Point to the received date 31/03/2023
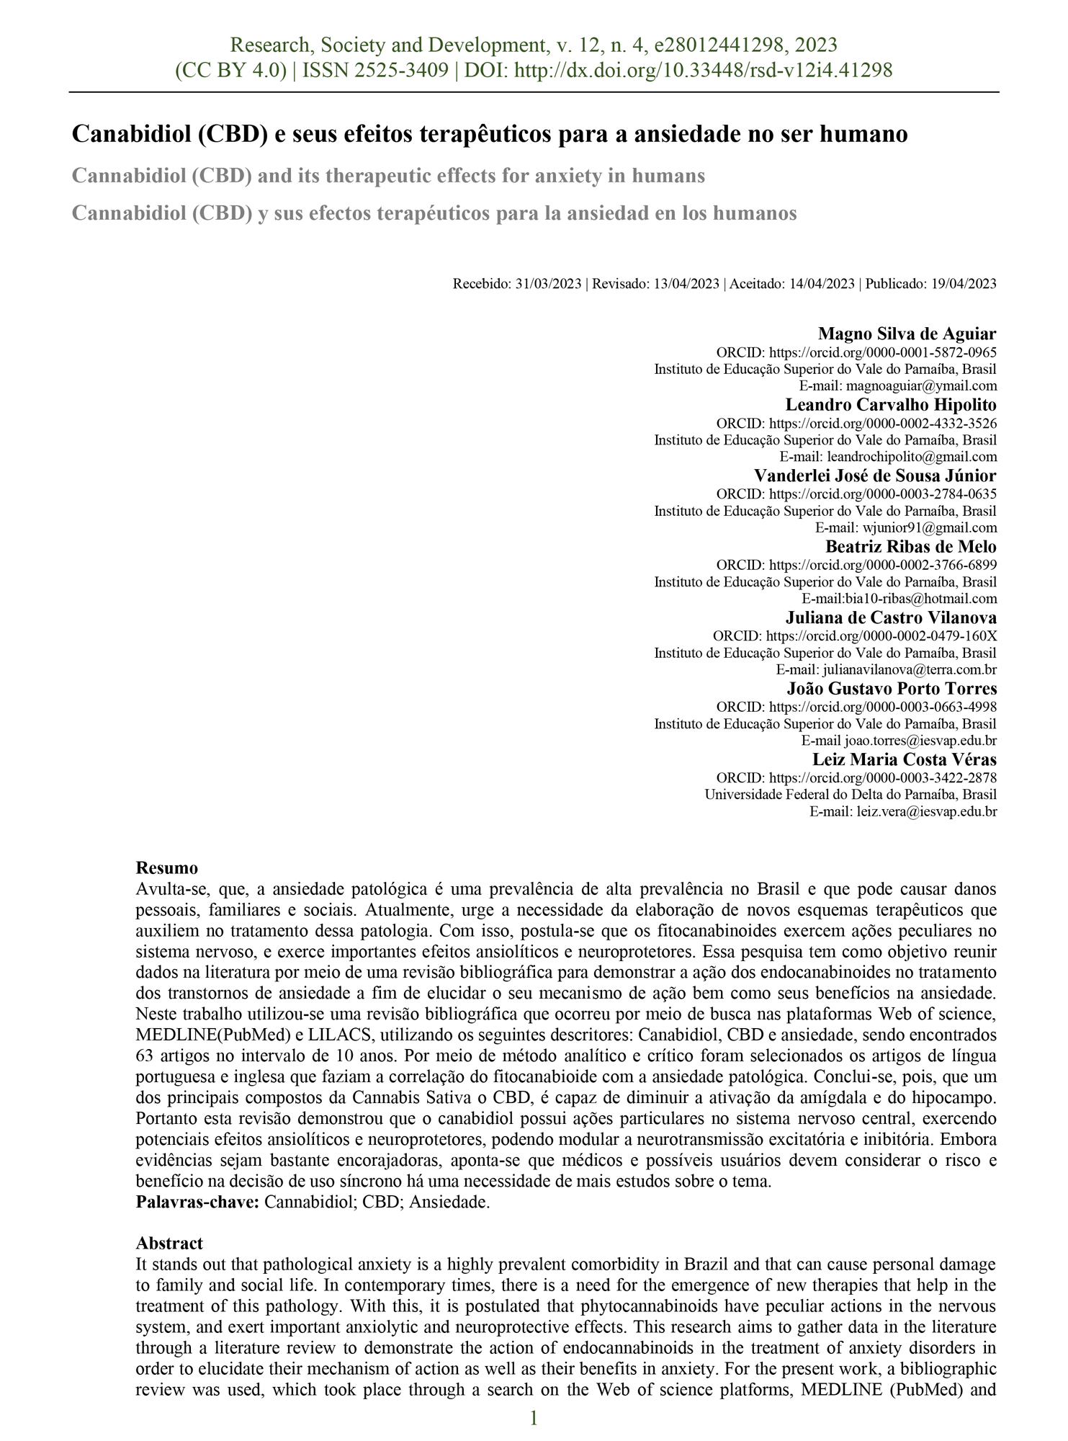(548, 284)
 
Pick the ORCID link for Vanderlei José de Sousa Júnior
(883, 494)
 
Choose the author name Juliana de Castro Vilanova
(891, 617)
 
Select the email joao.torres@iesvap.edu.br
(921, 741)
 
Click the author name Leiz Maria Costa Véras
(905, 759)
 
